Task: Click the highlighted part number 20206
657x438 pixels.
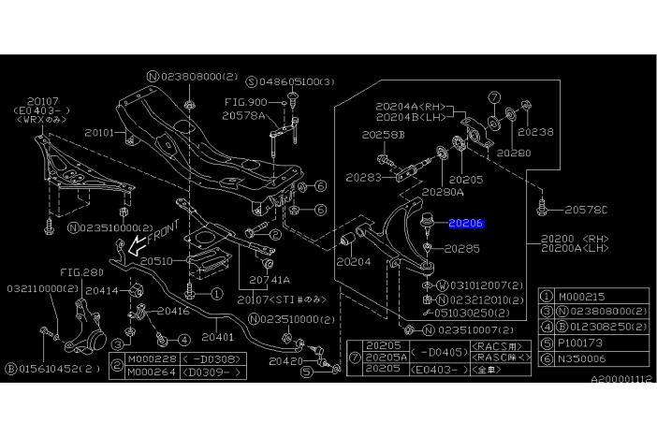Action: [465, 224]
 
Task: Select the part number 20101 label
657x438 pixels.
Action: [99, 133]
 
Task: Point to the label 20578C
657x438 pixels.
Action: [586, 209]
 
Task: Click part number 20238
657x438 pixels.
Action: [536, 133]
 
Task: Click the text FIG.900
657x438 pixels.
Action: [246, 102]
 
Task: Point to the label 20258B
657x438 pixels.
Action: [384, 137]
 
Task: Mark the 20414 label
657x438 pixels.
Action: [101, 291]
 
